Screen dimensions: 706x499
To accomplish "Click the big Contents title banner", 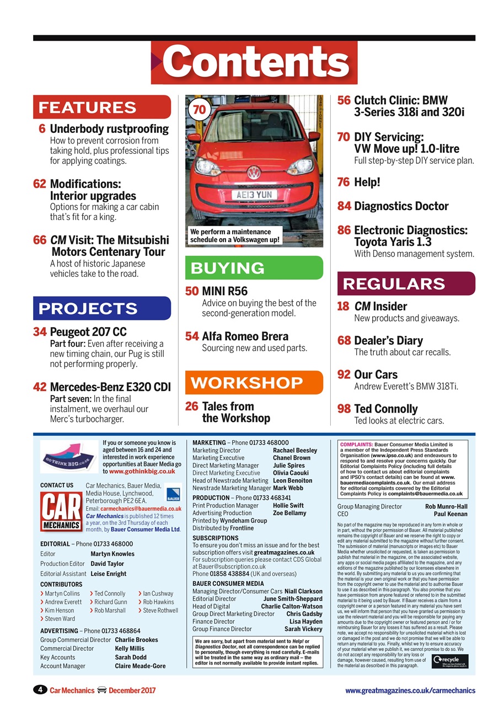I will click(254, 63).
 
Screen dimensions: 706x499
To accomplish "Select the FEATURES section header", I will click(102, 107).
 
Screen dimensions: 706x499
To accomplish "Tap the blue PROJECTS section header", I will click(102, 308).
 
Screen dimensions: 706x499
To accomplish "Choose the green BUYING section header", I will click(254, 268).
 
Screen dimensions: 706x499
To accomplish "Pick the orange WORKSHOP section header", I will click(254, 383).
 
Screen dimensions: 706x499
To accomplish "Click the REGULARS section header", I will click(406, 284).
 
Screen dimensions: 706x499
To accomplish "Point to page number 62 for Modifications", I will click(40, 184).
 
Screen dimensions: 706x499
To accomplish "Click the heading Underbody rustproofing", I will click(109, 129).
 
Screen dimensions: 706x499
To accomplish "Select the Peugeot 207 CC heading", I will click(88, 332).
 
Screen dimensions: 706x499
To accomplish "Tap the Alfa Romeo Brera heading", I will click(245, 336).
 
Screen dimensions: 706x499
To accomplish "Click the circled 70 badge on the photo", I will click(200, 110).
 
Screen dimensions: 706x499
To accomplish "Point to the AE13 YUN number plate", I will click(254, 195).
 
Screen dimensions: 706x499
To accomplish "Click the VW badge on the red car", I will click(253, 172).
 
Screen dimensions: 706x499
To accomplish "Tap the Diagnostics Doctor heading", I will click(401, 206).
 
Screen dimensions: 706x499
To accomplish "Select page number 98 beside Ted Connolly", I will click(344, 409).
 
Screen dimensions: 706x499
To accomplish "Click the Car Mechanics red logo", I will click(61, 511).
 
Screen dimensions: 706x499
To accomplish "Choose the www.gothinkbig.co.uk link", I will click(142, 472).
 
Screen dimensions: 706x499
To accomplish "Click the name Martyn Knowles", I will click(112, 554).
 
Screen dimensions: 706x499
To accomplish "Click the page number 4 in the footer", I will click(40, 690).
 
